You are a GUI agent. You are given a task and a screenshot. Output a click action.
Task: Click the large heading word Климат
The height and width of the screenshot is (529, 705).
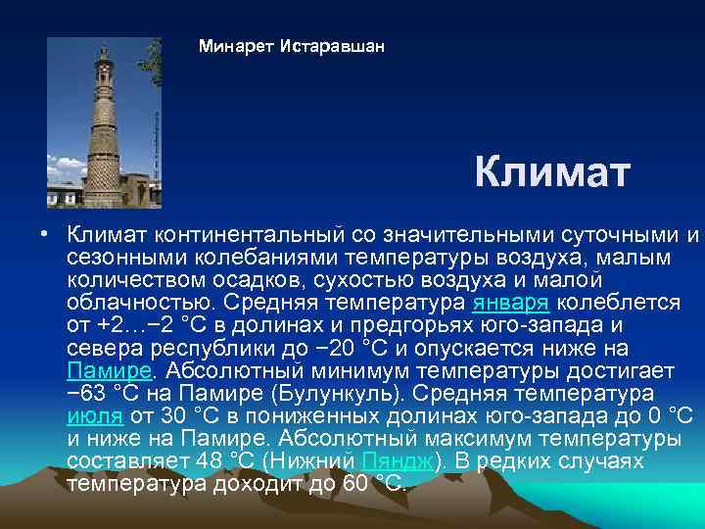552,173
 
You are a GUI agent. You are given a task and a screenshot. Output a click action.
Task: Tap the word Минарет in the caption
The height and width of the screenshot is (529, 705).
235,46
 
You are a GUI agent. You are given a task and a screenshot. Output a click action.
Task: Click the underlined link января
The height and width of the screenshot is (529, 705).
516,302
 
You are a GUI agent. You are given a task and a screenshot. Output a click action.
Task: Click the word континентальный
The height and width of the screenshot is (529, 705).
239,235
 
